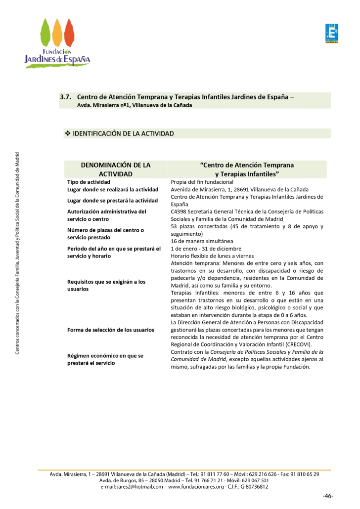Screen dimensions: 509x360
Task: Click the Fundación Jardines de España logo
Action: (x=57, y=43)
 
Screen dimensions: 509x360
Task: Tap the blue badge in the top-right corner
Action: (x=331, y=33)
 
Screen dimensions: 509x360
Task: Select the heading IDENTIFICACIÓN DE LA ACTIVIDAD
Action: (x=123, y=134)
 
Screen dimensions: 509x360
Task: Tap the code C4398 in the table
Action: (x=180, y=212)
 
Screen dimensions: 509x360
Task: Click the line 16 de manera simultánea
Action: (x=202, y=241)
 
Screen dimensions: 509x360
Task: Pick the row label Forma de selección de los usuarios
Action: (x=111, y=330)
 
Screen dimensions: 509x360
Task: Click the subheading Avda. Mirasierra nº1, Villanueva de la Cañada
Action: (x=134, y=105)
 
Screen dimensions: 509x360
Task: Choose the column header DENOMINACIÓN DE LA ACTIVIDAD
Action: (x=116, y=170)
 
